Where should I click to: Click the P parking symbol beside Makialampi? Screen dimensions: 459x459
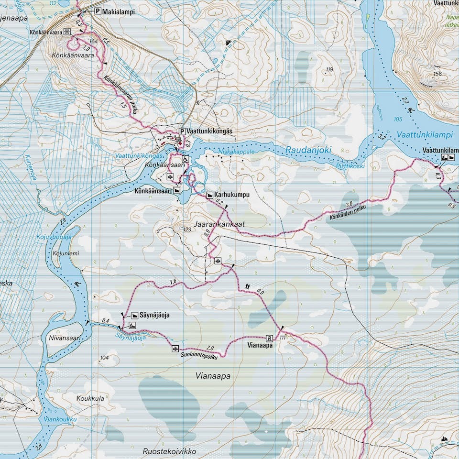point(98,11)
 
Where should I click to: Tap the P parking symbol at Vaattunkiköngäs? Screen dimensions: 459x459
point(182,131)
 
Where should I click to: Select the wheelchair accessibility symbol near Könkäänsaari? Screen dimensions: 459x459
point(185,160)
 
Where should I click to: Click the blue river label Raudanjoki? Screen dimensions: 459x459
point(308,150)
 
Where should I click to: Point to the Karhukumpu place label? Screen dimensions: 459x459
point(232,195)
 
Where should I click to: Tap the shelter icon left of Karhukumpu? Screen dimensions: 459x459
point(209,195)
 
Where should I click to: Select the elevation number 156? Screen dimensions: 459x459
point(437,74)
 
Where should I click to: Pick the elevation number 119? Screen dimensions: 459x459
point(328,70)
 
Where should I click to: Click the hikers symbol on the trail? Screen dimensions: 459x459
point(247,286)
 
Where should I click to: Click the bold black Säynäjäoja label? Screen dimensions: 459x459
point(154,315)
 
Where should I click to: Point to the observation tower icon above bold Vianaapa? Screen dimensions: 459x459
point(268,337)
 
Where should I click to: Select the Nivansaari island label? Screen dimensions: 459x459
point(63,338)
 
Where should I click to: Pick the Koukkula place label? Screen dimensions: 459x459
point(90,398)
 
